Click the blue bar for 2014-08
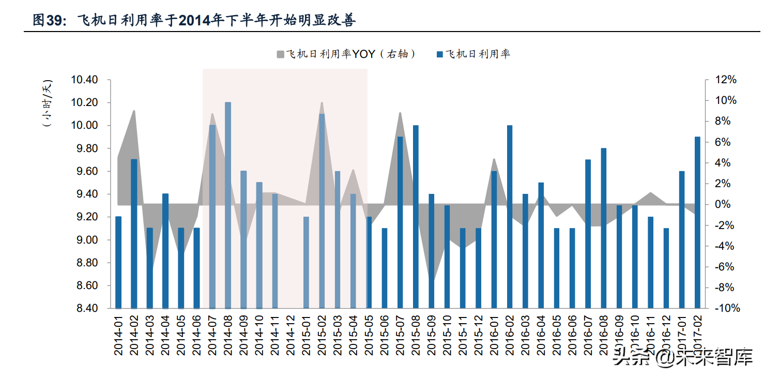point(228,205)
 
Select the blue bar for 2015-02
point(322,211)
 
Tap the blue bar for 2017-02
point(697,222)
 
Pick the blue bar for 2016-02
point(510,217)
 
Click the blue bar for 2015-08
point(416,217)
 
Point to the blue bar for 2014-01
point(118,262)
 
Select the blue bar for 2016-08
point(603,228)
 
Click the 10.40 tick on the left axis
point(84,80)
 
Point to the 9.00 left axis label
point(84,240)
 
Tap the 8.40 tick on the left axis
point(84,309)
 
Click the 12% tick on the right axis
point(726,80)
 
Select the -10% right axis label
point(726,309)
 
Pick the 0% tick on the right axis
point(726,205)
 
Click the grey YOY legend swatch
point(280,54)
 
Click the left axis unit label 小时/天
point(48,103)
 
